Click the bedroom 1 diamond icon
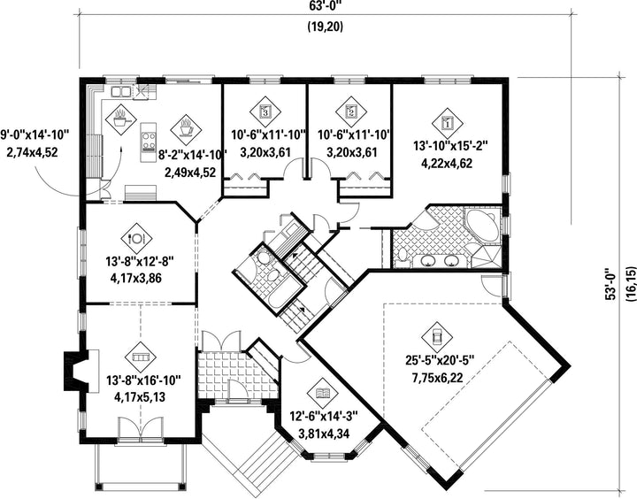tap(448, 123)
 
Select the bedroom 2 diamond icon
tap(351, 111)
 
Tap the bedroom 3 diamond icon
tap(265, 111)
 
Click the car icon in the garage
tap(437, 336)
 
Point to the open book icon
tap(323, 393)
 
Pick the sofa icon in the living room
tap(141, 357)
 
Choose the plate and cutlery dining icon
tap(136, 238)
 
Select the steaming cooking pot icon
tap(120, 119)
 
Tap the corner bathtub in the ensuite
tap(483, 225)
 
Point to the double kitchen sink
tap(120, 92)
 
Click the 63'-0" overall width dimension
tap(325, 5)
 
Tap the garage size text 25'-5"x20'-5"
tap(440, 360)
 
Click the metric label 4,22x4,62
tap(447, 164)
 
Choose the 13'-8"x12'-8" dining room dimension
tap(140, 261)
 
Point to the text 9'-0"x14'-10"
tap(35, 134)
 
